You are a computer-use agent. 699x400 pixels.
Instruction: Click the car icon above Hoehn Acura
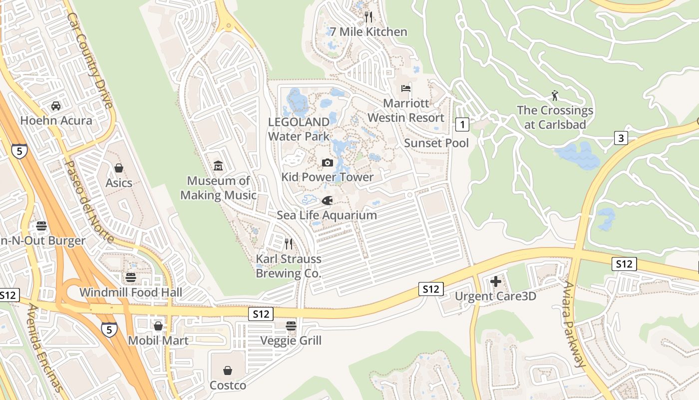click(56, 106)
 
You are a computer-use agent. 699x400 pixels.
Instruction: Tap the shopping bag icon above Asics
click(119, 168)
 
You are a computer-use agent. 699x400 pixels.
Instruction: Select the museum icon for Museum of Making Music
click(218, 166)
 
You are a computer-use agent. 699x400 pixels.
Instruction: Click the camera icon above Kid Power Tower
click(328, 162)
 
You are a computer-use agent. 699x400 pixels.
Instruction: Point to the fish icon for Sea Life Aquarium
click(327, 201)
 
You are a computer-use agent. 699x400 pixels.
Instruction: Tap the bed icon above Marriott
click(406, 88)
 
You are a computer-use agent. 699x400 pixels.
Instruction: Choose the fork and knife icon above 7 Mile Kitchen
click(368, 17)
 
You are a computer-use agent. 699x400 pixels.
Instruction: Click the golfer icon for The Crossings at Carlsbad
click(555, 95)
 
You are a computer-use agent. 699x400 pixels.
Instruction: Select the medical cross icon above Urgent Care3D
click(495, 282)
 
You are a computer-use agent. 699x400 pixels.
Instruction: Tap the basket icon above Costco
click(228, 370)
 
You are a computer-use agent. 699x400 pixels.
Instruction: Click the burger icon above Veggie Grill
click(291, 326)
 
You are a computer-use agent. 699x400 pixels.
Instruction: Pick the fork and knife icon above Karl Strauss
click(289, 244)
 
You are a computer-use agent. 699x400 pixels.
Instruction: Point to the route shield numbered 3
click(621, 138)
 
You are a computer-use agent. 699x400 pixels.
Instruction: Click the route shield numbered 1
click(462, 124)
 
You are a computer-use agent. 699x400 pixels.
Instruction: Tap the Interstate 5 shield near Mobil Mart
click(109, 329)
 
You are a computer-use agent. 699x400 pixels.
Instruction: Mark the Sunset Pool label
click(436, 143)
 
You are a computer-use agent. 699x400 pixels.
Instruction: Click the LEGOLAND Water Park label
click(299, 129)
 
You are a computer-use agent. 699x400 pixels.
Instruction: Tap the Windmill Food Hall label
click(130, 292)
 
